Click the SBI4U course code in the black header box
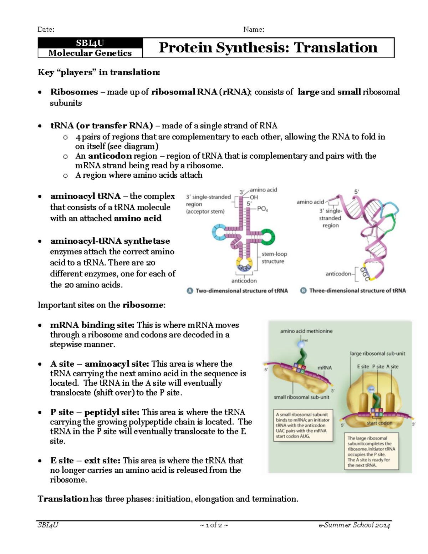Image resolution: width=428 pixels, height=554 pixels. (x=90, y=43)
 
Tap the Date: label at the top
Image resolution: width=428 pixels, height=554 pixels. (x=46, y=29)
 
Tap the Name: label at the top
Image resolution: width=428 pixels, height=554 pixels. (x=254, y=29)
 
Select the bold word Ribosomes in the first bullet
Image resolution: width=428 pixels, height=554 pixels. (x=74, y=92)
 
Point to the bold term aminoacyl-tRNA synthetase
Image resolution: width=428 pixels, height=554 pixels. (x=110, y=241)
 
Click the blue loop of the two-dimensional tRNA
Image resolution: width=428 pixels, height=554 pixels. (x=218, y=233)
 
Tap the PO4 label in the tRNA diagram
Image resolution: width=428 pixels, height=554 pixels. (x=262, y=209)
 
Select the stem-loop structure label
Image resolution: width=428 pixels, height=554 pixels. (x=274, y=258)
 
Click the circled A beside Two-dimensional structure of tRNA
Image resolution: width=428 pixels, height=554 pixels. (x=190, y=291)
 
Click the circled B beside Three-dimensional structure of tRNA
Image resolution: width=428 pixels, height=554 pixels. (x=304, y=291)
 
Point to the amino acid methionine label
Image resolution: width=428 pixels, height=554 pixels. (x=306, y=331)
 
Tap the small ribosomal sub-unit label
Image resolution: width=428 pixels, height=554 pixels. (x=301, y=397)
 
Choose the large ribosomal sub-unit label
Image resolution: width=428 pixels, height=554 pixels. (x=377, y=354)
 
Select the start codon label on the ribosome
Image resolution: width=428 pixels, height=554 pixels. (x=379, y=423)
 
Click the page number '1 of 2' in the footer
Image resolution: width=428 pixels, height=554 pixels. (x=214, y=525)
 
